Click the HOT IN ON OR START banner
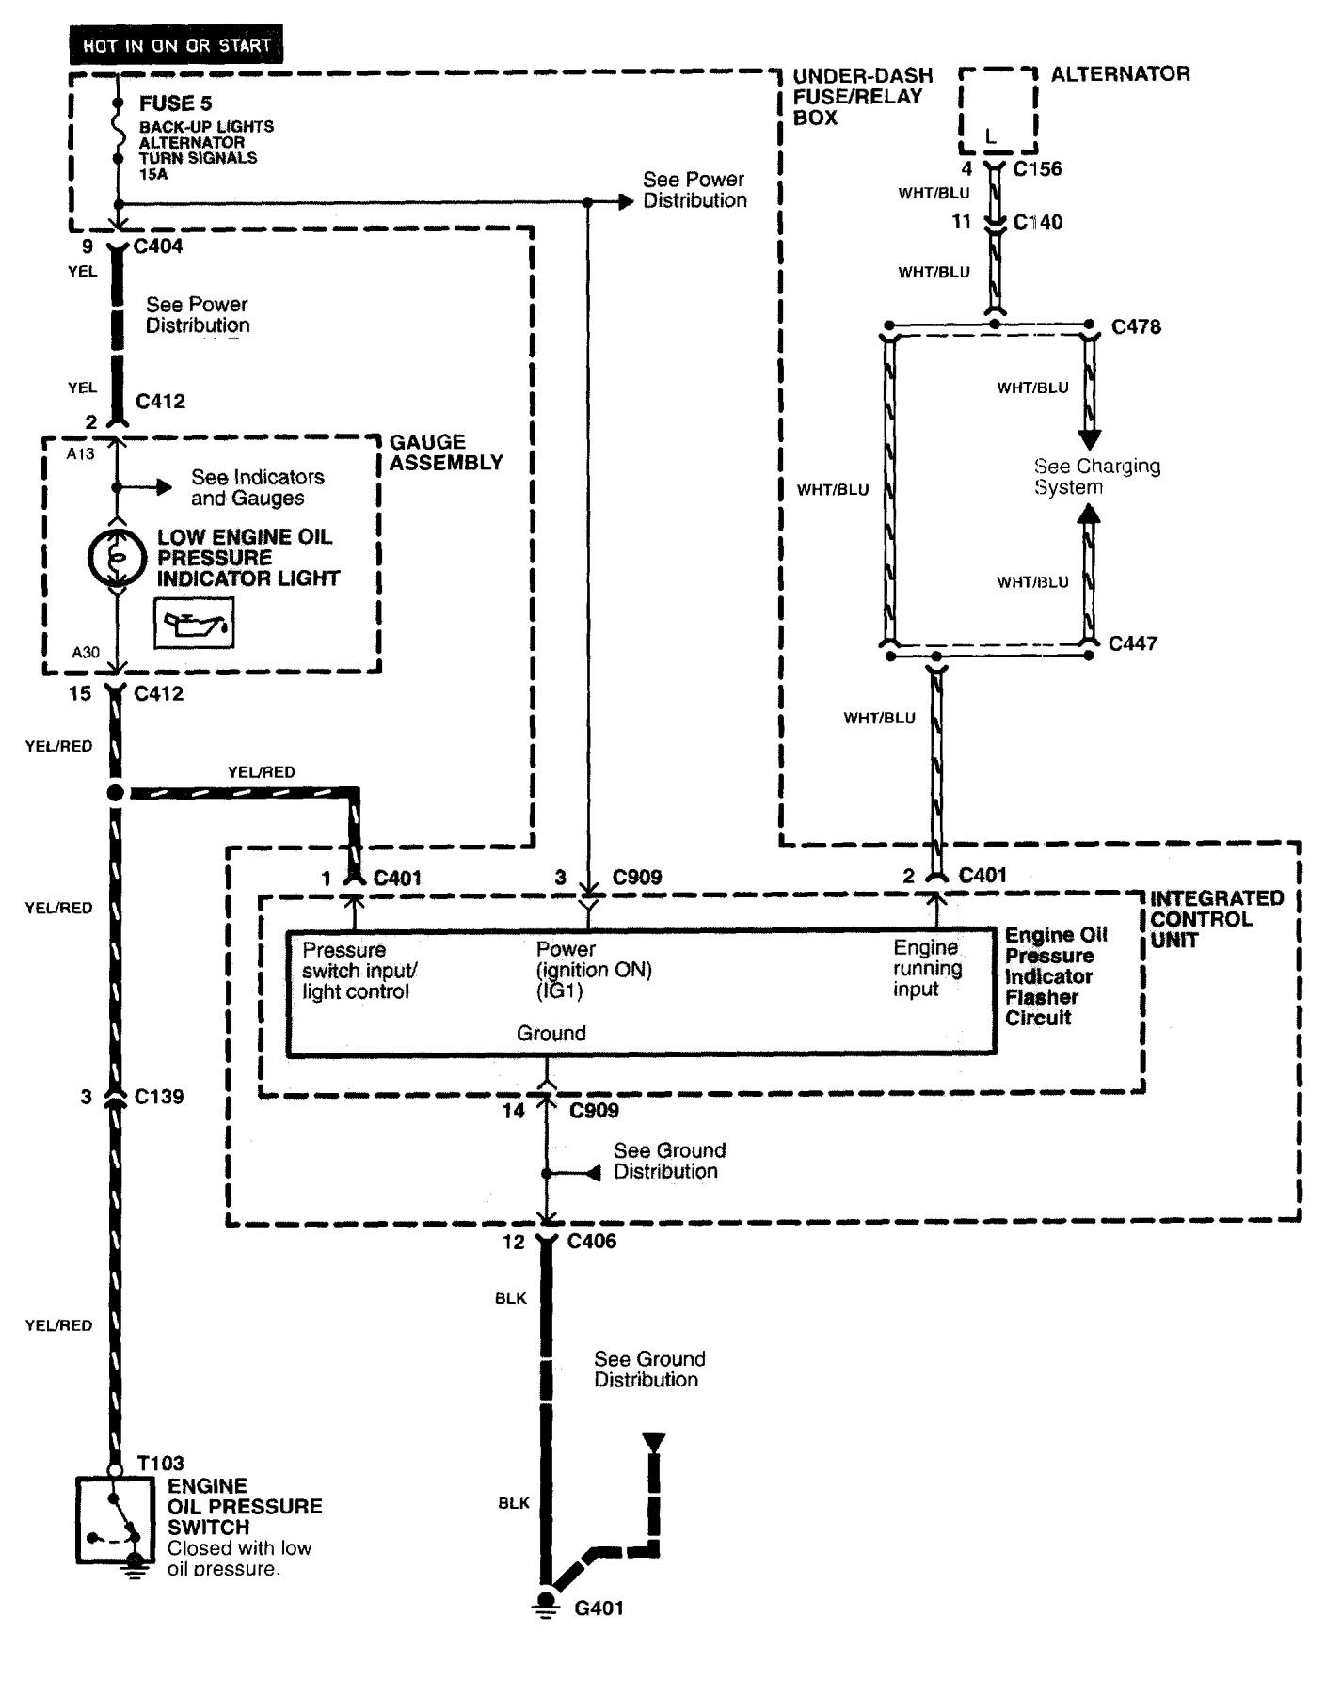click(176, 44)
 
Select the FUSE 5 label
click(175, 103)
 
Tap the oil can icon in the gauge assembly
click(194, 625)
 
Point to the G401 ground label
click(599, 1608)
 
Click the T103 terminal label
click(160, 1463)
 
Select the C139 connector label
click(158, 1097)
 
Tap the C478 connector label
click(1136, 327)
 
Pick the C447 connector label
click(1132, 643)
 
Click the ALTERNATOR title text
click(1120, 73)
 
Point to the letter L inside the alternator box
click(990, 137)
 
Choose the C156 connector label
click(1037, 169)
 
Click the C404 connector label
click(158, 246)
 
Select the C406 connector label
click(591, 1242)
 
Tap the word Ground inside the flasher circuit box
click(551, 1033)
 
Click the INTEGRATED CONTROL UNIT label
click(1216, 919)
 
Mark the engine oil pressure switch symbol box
click(115, 1520)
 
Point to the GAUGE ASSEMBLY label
click(446, 452)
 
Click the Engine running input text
click(927, 968)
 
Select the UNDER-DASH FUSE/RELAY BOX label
click(862, 96)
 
